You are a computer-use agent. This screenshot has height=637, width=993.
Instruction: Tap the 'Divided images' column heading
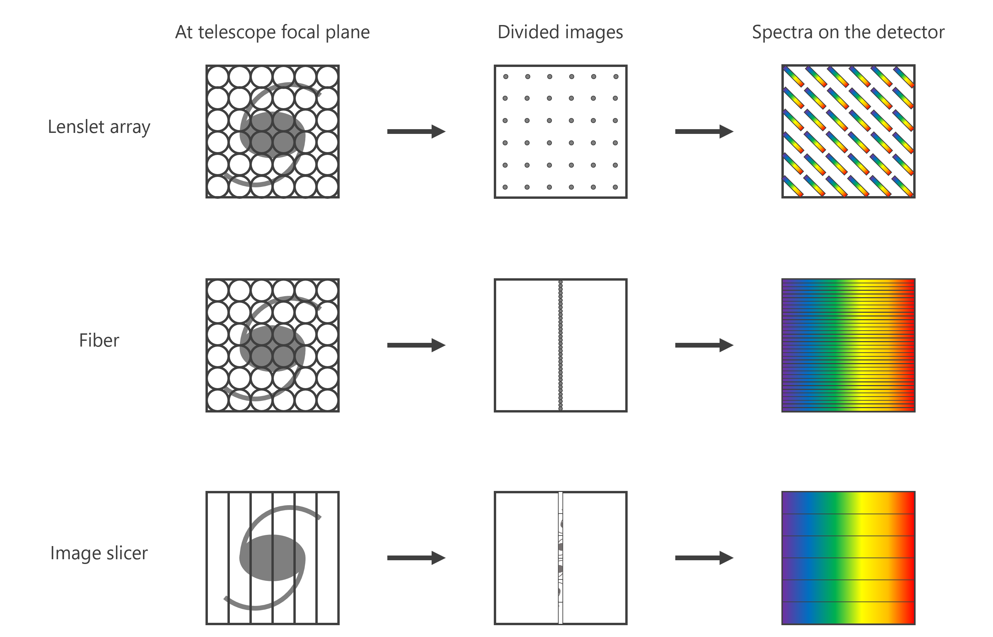click(560, 32)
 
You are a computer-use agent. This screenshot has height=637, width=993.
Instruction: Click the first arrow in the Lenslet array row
click(416, 132)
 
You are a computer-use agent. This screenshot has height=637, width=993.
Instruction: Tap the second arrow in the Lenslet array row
click(704, 132)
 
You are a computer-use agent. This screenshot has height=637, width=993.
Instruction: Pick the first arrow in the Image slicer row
click(416, 558)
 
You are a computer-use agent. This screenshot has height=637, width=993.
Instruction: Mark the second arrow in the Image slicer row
click(704, 558)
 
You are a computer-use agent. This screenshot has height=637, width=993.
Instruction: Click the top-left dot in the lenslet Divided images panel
click(506, 76)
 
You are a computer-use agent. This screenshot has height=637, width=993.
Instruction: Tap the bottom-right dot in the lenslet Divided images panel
click(615, 187)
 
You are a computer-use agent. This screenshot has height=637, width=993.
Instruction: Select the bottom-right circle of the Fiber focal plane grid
click(328, 400)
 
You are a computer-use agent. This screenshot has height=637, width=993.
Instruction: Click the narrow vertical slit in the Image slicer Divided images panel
click(561, 558)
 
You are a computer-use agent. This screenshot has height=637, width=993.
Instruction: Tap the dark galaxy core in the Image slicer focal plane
click(272, 558)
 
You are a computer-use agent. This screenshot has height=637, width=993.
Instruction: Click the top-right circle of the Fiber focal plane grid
click(328, 290)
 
